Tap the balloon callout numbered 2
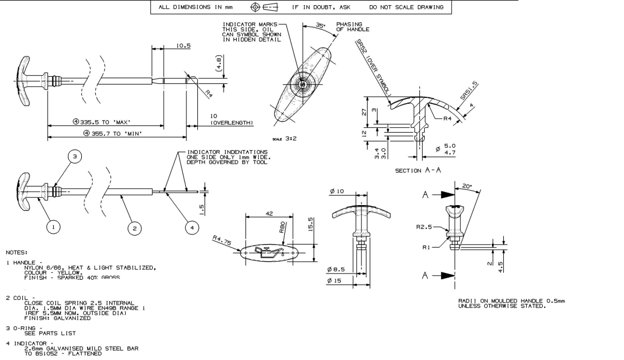[134, 227]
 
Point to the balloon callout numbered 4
[191, 227]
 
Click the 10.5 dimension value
[183, 46]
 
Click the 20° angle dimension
[467, 185]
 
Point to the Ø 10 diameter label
[337, 192]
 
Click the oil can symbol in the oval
[267, 253]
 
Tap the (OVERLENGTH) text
[231, 123]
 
